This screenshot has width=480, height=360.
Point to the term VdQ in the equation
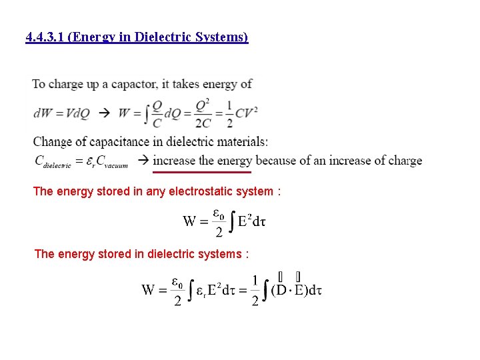75,113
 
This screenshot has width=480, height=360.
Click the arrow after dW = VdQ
104,113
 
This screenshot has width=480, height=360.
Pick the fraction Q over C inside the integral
157,113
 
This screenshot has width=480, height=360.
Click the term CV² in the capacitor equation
247,113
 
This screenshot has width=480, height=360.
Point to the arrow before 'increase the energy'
143,161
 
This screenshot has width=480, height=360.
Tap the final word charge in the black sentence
403,161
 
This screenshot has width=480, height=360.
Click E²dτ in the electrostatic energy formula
253,221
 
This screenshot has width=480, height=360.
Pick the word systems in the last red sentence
224,254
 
